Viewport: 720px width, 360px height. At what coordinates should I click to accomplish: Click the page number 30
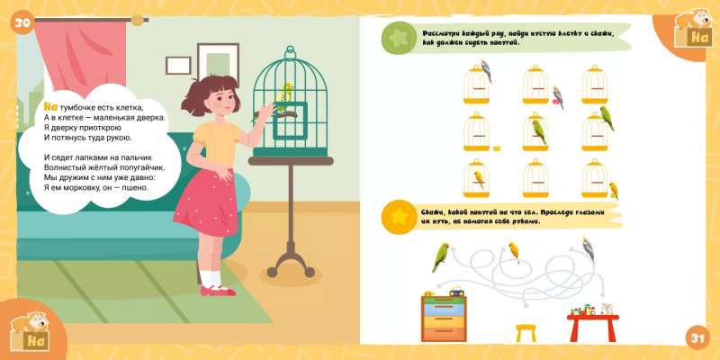click(x=22, y=22)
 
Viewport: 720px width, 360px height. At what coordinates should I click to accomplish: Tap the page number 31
click(x=697, y=338)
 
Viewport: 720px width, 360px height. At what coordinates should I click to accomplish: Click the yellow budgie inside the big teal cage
click(x=286, y=93)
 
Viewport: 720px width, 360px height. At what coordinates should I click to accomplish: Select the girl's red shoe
click(x=219, y=290)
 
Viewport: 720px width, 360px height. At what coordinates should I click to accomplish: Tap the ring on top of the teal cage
click(x=290, y=51)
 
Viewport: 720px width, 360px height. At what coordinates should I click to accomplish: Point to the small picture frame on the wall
click(x=178, y=65)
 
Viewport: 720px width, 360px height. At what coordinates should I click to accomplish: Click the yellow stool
click(x=526, y=333)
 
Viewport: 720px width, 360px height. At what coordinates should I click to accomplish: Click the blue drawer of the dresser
click(x=444, y=310)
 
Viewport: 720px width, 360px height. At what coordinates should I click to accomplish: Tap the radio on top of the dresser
click(x=456, y=292)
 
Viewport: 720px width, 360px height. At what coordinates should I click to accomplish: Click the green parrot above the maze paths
click(x=440, y=257)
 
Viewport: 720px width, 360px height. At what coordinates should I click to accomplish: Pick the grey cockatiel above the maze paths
click(x=588, y=249)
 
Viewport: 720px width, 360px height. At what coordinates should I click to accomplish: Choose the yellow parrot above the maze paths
click(x=514, y=252)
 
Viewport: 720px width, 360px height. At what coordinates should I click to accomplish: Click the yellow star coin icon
click(x=399, y=217)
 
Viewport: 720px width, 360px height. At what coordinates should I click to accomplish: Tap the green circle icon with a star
click(x=399, y=38)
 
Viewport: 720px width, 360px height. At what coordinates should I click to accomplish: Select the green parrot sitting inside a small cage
click(x=539, y=132)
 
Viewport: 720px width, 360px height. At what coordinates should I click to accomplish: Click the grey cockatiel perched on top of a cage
click(x=486, y=70)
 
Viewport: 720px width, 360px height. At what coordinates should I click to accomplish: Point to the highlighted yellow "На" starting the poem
click(x=50, y=107)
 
